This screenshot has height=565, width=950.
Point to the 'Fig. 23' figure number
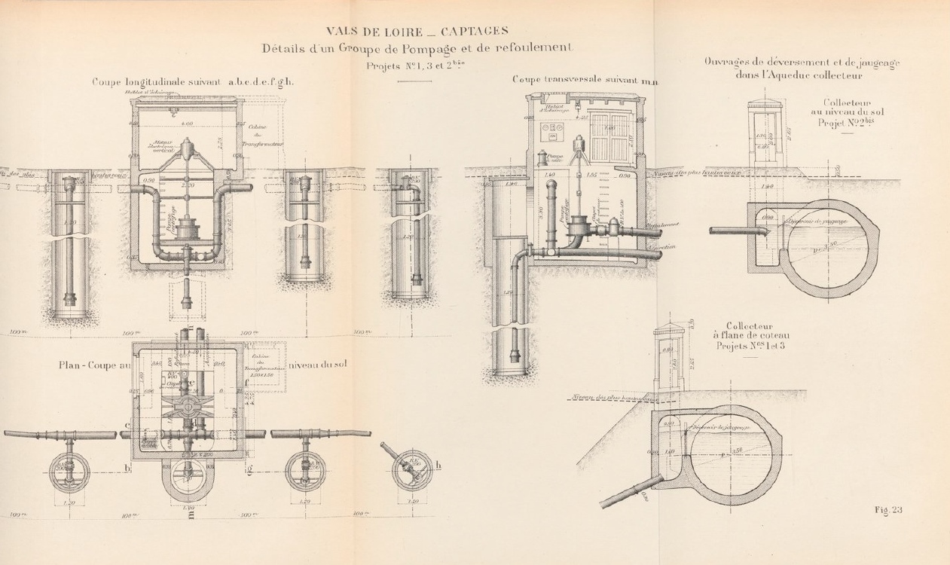[888, 510]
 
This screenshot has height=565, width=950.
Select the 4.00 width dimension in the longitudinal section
[188, 124]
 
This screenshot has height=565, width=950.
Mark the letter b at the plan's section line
[127, 470]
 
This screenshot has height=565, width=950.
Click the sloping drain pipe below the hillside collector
[629, 493]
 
